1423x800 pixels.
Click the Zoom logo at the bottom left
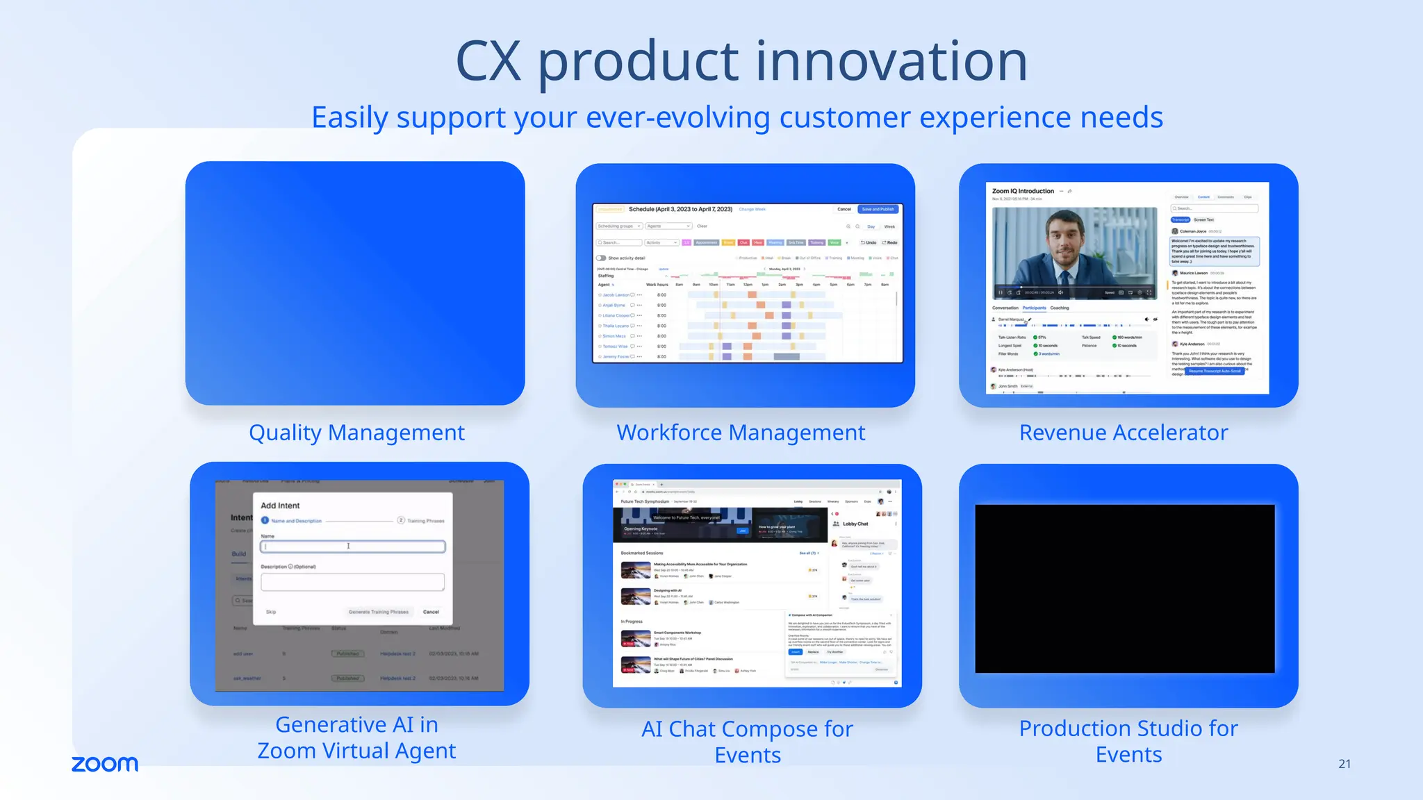coord(105,764)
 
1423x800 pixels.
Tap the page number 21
coord(1344,764)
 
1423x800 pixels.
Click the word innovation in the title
coord(891,61)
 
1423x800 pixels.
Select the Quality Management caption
coord(356,433)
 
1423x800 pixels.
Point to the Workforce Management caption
coord(741,433)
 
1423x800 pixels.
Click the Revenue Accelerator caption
coord(1124,433)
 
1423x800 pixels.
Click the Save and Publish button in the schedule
coord(878,209)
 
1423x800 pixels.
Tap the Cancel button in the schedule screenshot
coord(844,209)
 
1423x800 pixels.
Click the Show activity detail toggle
coord(602,258)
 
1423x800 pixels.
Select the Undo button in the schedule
coord(869,242)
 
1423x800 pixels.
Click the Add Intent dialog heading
coord(280,506)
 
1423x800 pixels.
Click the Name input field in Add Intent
coord(353,547)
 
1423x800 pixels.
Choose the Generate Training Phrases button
coord(378,612)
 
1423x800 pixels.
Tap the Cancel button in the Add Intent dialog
coord(431,612)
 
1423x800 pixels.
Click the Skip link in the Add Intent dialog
coord(271,612)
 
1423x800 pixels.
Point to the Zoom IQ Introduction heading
coord(1023,191)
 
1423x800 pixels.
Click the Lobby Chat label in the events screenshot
coord(855,524)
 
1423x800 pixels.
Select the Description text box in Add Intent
coord(353,582)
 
